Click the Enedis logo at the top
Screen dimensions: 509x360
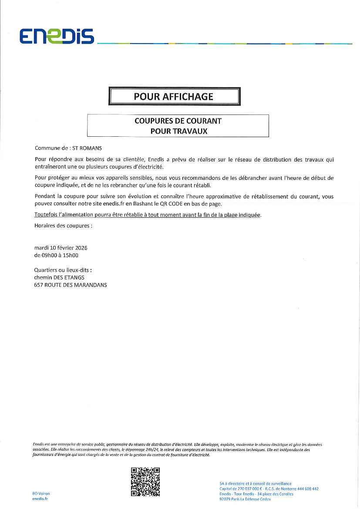point(57,37)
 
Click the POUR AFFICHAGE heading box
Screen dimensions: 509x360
point(174,96)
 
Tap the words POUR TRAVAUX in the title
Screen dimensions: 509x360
point(178,131)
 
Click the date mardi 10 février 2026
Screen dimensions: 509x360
point(61,248)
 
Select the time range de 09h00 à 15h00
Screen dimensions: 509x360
point(59,256)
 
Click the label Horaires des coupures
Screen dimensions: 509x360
point(63,226)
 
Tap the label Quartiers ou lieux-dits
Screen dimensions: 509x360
point(63,270)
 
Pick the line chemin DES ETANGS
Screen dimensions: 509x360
point(59,277)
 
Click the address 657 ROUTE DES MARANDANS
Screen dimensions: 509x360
point(71,285)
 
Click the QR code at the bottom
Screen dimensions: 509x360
point(145,482)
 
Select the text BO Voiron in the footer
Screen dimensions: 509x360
point(41,493)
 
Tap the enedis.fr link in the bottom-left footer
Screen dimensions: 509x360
point(40,499)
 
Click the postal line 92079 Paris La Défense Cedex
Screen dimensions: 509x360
point(245,499)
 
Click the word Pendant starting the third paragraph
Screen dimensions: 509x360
point(45,197)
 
